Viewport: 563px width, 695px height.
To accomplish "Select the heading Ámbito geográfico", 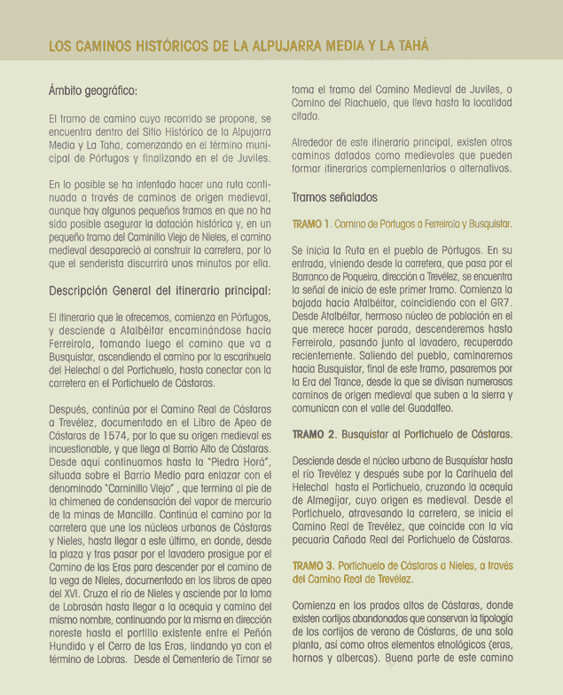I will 93,91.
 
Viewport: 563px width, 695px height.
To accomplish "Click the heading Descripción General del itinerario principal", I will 159,290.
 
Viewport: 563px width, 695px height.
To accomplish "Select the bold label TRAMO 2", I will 314,435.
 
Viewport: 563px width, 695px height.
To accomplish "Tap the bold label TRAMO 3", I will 314,565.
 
